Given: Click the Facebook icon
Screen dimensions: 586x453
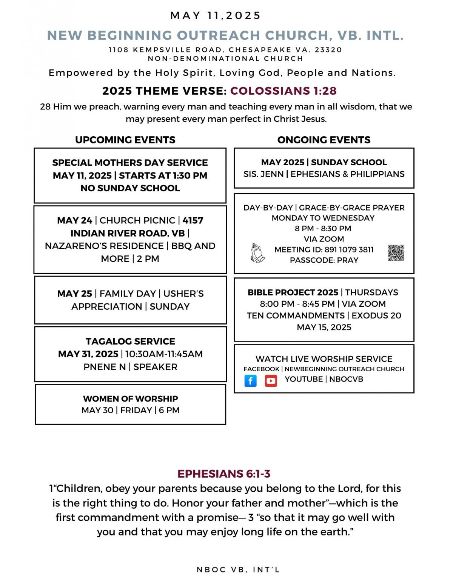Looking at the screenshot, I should (x=250, y=380).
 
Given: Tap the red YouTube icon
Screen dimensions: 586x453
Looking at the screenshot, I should (x=271, y=380).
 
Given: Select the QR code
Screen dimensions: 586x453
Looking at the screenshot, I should (x=396, y=253).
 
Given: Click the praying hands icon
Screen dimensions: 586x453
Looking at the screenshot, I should (x=257, y=252).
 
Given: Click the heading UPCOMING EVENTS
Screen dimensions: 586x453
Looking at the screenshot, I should (x=125, y=140).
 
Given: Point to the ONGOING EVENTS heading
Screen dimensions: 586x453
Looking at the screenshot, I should (x=324, y=140).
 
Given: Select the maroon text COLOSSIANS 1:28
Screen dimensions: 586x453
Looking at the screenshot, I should (x=284, y=91).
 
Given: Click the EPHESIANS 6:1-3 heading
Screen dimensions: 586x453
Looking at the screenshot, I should (x=224, y=474).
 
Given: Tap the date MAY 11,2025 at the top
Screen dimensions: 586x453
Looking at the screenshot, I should (x=216, y=15).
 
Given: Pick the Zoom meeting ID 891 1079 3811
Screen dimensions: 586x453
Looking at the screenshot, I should (x=349, y=249).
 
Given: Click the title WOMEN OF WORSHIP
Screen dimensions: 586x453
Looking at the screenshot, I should (x=130, y=398).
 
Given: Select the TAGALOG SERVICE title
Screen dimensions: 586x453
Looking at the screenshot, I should (x=130, y=341).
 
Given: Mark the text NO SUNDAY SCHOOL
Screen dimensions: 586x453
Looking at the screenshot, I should (x=130, y=188).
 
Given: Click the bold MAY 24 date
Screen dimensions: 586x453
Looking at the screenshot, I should (x=74, y=220).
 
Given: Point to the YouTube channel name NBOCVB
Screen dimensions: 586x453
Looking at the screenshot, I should (x=346, y=379).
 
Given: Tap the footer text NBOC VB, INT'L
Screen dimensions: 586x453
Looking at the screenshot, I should (x=238, y=570).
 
